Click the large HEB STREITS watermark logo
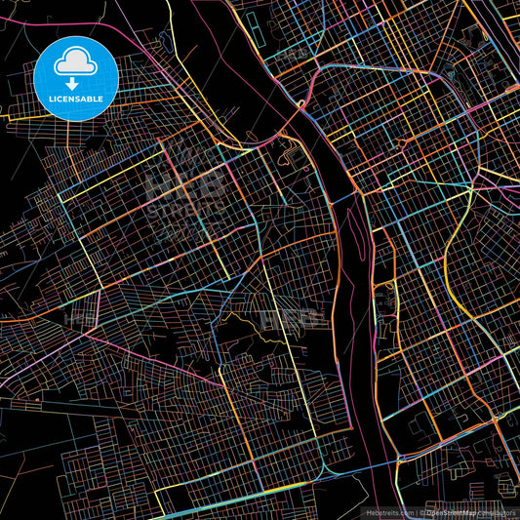pos(185,190)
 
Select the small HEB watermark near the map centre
pos(299,316)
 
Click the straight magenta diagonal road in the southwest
pos(59,332)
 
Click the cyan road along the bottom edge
pos(244,507)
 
